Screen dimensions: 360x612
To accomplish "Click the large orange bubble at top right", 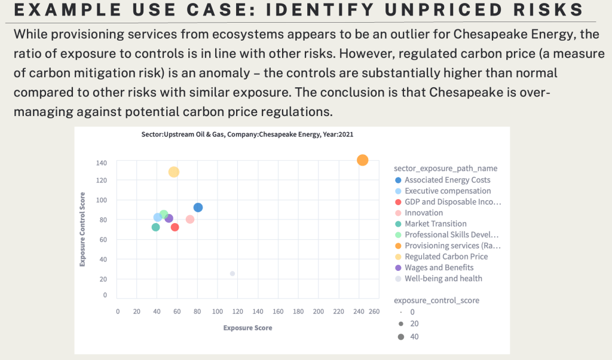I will (x=362, y=160).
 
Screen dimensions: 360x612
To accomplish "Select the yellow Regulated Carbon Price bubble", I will (x=173, y=172).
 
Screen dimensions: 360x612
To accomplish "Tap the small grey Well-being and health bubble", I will (x=232, y=273).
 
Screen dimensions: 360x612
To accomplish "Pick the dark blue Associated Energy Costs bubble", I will (x=198, y=208).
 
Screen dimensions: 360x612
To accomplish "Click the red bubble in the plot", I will (x=175, y=227).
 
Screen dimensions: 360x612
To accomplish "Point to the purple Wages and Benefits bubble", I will (x=169, y=218).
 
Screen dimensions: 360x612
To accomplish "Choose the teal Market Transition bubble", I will (x=155, y=227).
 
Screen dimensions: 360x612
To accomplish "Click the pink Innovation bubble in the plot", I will (x=190, y=219).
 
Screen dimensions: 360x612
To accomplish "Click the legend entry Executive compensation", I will (x=447, y=191).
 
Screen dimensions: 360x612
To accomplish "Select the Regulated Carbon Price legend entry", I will (x=446, y=257).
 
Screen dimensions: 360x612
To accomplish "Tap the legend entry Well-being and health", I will (x=443, y=278).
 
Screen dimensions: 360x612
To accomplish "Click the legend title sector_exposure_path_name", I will (x=445, y=168).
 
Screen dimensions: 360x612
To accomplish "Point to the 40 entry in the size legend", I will (x=414, y=336).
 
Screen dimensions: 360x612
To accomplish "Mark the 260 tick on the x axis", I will (x=374, y=311).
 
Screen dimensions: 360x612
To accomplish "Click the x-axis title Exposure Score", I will (x=247, y=328).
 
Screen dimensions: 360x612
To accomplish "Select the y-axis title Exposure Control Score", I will (x=84, y=229).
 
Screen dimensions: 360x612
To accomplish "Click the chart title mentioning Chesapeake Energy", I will (x=243, y=135).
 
